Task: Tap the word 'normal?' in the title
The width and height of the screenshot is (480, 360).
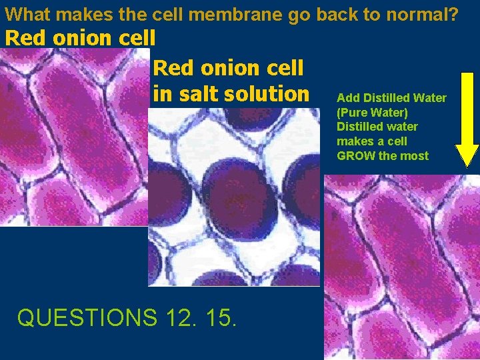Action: [x=422, y=13]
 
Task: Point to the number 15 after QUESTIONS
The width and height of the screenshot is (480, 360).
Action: [x=219, y=317]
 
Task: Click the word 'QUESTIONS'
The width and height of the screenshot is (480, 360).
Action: [x=85, y=317]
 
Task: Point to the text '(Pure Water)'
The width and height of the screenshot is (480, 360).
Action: [x=372, y=113]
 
